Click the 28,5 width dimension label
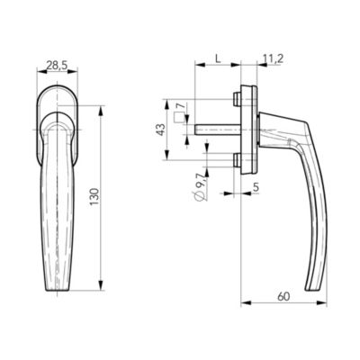(x=58, y=65)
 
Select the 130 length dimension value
(x=94, y=197)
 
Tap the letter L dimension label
(x=218, y=58)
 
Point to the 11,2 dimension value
(x=273, y=59)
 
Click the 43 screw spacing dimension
(x=161, y=130)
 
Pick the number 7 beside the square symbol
(x=179, y=106)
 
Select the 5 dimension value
(x=256, y=187)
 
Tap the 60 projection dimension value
(x=283, y=297)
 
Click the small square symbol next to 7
(x=179, y=117)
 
